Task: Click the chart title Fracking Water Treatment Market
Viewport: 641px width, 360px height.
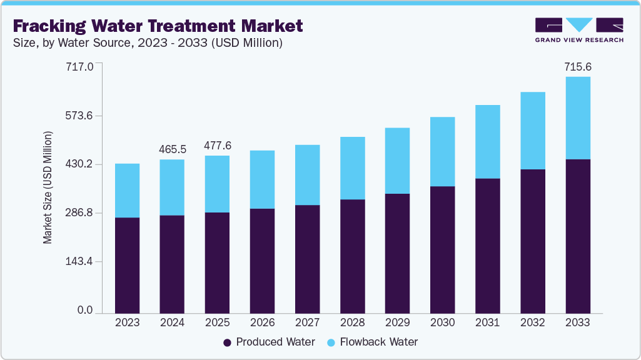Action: tap(158, 26)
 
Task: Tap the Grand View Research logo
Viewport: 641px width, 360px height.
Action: tap(578, 30)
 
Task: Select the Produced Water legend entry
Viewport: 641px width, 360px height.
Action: tap(270, 342)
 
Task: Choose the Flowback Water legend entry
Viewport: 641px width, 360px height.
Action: tap(371, 342)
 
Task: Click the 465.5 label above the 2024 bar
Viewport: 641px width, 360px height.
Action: tap(172, 149)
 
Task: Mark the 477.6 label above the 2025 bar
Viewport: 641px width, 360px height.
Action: tap(218, 145)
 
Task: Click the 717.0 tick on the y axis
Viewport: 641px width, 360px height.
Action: tap(80, 66)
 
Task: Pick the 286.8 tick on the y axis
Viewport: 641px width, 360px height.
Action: tap(80, 213)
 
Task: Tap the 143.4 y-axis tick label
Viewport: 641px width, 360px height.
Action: tap(80, 262)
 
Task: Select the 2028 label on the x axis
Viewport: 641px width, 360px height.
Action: tap(352, 322)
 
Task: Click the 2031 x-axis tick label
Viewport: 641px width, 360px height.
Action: tap(487, 322)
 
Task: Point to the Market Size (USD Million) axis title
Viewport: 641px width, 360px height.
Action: tap(48, 187)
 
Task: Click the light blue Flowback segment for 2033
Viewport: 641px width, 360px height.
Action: tap(577, 118)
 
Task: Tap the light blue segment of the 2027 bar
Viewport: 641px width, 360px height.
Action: tap(307, 175)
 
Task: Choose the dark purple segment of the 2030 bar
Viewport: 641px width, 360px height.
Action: tap(442, 249)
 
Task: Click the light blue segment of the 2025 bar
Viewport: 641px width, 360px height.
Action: tap(217, 184)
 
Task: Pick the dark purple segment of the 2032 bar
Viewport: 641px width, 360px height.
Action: tap(532, 241)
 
